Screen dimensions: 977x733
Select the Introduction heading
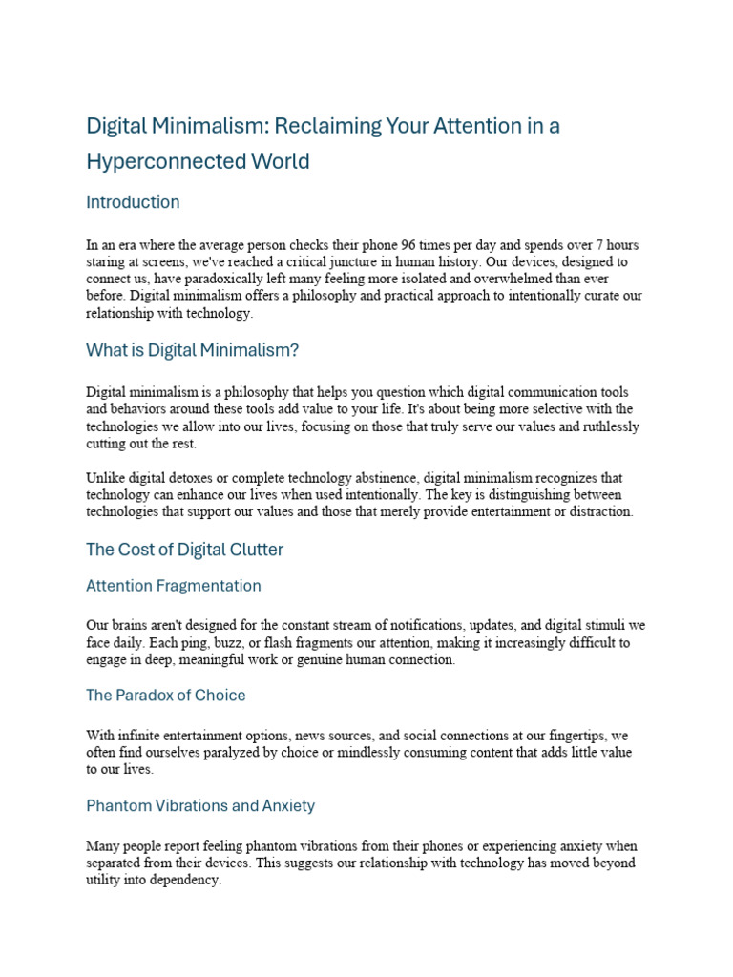[133, 202]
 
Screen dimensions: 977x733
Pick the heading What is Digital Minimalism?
[192, 351]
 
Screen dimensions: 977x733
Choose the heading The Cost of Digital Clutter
[184, 550]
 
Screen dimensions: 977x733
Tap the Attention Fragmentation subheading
[173, 586]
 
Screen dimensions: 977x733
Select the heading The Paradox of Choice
[165, 696]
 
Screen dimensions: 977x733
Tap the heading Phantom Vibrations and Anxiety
[200, 806]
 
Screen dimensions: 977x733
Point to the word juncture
[451, 260]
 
